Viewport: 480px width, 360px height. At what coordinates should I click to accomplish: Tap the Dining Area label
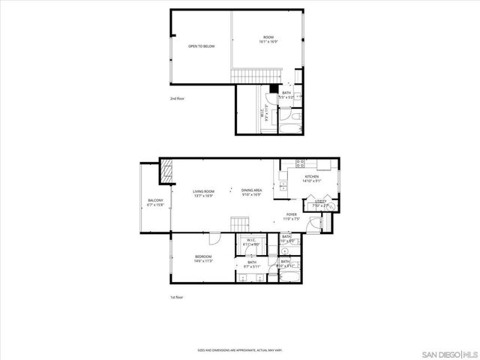252,193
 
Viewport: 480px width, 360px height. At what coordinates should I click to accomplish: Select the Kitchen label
311,178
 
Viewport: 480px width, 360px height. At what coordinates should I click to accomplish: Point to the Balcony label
155,202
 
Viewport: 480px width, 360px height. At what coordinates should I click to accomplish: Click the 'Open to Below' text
201,46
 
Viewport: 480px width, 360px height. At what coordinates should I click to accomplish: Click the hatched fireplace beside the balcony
166,171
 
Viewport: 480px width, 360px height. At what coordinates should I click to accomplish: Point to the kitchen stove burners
299,163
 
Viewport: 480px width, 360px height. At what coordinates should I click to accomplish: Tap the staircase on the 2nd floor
251,75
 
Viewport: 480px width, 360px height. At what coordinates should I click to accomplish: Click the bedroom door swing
214,239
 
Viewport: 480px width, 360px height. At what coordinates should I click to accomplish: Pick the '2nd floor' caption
177,98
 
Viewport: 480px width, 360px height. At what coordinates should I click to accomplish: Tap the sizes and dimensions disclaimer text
239,349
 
